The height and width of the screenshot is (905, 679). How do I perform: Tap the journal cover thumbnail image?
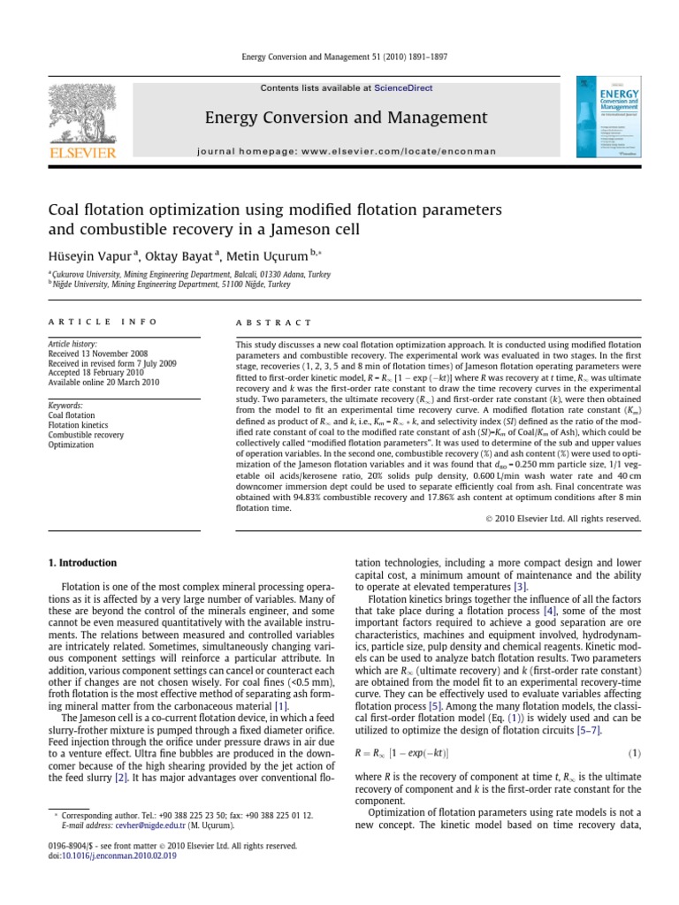click(608, 118)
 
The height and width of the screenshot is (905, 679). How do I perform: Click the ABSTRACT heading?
click(273, 323)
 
